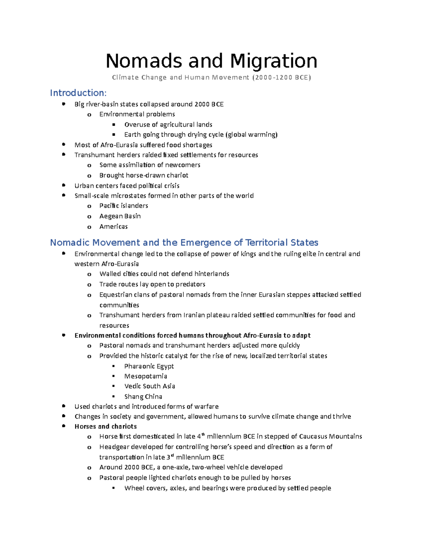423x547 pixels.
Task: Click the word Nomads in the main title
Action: pyautogui.click(x=144, y=61)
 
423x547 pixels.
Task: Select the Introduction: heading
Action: pyautogui.click(x=78, y=93)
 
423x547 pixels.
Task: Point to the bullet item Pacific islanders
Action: pyautogui.click(x=123, y=206)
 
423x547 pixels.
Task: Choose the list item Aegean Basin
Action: pyautogui.click(x=120, y=216)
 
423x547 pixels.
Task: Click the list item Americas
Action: pyautogui.click(x=113, y=226)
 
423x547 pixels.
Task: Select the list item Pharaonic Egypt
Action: pyautogui.click(x=149, y=366)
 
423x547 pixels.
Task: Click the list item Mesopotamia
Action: pyautogui.click(x=146, y=376)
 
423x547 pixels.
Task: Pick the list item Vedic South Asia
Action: pyautogui.click(x=149, y=386)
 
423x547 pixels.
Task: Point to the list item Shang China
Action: pyautogui.click(x=143, y=397)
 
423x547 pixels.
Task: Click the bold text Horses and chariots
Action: pyautogui.click(x=105, y=427)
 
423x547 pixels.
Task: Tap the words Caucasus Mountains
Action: pyautogui.click(x=330, y=437)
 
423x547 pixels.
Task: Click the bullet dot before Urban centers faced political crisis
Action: pyautogui.click(x=63, y=185)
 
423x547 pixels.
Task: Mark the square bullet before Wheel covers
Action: pyautogui.click(x=114, y=488)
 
